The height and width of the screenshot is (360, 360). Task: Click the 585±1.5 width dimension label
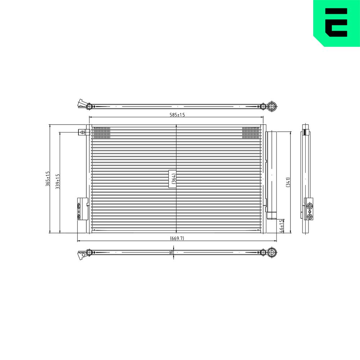(177, 115)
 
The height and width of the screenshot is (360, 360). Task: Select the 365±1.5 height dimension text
(48, 179)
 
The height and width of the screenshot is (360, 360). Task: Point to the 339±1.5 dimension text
(58, 181)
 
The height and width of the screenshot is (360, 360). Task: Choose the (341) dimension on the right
(288, 182)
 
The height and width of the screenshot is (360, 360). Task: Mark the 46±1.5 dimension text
(282, 226)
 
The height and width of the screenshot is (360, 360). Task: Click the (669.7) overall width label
(177, 238)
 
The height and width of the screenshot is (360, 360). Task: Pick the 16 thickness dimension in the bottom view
(171, 252)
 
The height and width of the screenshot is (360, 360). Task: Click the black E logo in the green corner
(336, 22)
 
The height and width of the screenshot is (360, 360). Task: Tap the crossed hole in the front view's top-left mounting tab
(82, 132)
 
